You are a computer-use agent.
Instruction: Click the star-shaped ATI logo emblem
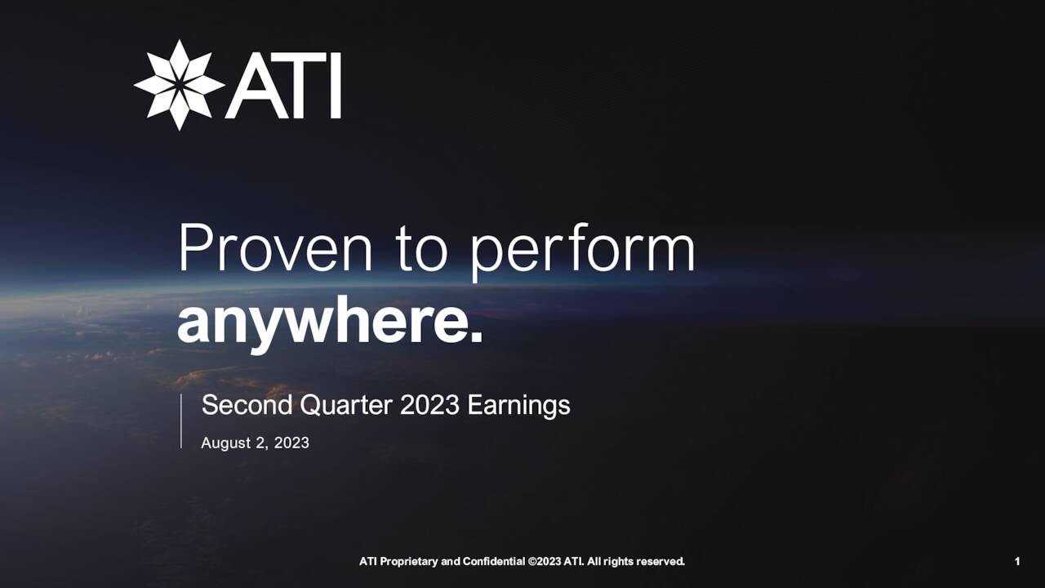(x=179, y=85)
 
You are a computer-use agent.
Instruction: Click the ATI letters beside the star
(x=283, y=86)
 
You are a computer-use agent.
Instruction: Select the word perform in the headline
(x=582, y=250)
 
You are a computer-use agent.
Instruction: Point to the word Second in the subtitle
(x=247, y=405)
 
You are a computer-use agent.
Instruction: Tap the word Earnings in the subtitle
(x=518, y=406)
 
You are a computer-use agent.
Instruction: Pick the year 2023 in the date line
(x=291, y=443)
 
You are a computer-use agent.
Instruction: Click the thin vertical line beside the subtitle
(x=181, y=421)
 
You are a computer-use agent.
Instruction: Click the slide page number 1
(x=1017, y=561)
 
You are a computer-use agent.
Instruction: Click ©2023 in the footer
(x=545, y=561)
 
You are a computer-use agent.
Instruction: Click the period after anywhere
(x=477, y=337)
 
